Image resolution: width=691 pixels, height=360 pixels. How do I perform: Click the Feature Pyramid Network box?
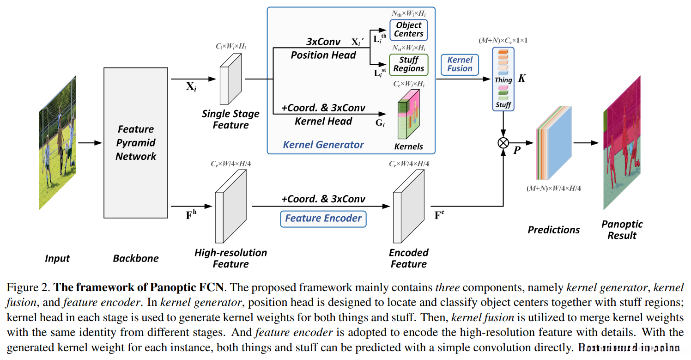tap(135, 143)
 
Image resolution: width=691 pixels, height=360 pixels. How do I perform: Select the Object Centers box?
tap(408, 30)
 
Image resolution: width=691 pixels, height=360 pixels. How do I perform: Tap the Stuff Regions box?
tap(408, 64)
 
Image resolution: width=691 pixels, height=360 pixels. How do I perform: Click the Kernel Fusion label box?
tap(460, 64)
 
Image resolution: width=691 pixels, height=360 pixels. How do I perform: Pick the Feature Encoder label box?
tap(323, 219)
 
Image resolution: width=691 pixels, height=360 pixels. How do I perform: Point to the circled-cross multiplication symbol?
tap(503, 143)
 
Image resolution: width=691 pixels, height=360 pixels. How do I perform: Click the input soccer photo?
tap(57, 143)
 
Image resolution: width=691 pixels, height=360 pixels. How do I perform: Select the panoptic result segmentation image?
tap(622, 143)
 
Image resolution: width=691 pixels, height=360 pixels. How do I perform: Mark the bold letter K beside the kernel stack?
tap(521, 79)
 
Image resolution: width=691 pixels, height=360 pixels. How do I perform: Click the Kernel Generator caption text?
tap(323, 145)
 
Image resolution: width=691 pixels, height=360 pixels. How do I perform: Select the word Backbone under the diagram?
tap(135, 258)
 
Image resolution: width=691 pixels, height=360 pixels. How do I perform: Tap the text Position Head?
tap(323, 55)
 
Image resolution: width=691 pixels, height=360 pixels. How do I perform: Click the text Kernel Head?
tap(323, 122)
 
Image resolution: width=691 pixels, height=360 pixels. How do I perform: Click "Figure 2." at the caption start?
tap(28, 288)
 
